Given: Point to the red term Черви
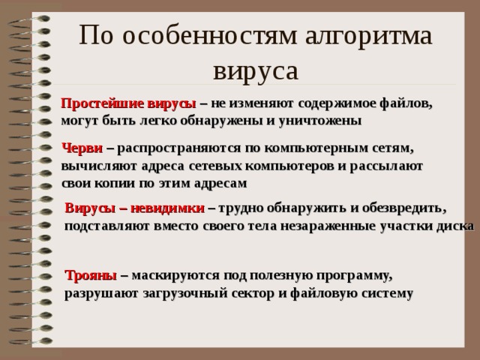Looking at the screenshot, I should coord(82,148).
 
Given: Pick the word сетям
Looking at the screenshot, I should coord(391,148).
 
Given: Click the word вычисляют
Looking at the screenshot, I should coord(97,166).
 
